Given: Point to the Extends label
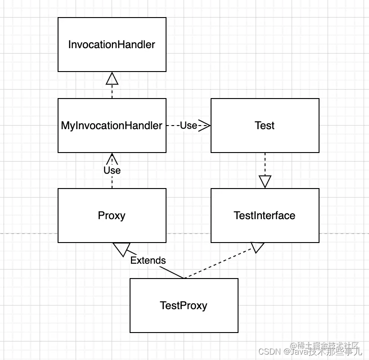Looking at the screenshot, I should click(x=148, y=260).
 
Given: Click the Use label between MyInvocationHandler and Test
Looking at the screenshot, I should click(x=189, y=126).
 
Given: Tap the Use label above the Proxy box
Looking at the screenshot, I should click(x=112, y=170).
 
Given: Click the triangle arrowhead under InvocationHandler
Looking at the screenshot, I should click(x=112, y=79).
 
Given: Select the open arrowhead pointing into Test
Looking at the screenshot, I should click(x=205, y=126).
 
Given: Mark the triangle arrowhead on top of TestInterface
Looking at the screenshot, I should click(x=265, y=182).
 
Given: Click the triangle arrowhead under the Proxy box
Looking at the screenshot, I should click(x=121, y=249).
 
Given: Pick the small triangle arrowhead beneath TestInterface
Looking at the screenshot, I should click(x=258, y=247).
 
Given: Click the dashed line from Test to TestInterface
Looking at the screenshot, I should click(x=265, y=164).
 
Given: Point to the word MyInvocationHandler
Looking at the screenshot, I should click(x=112, y=126).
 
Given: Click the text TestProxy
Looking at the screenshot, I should click(x=184, y=306).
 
